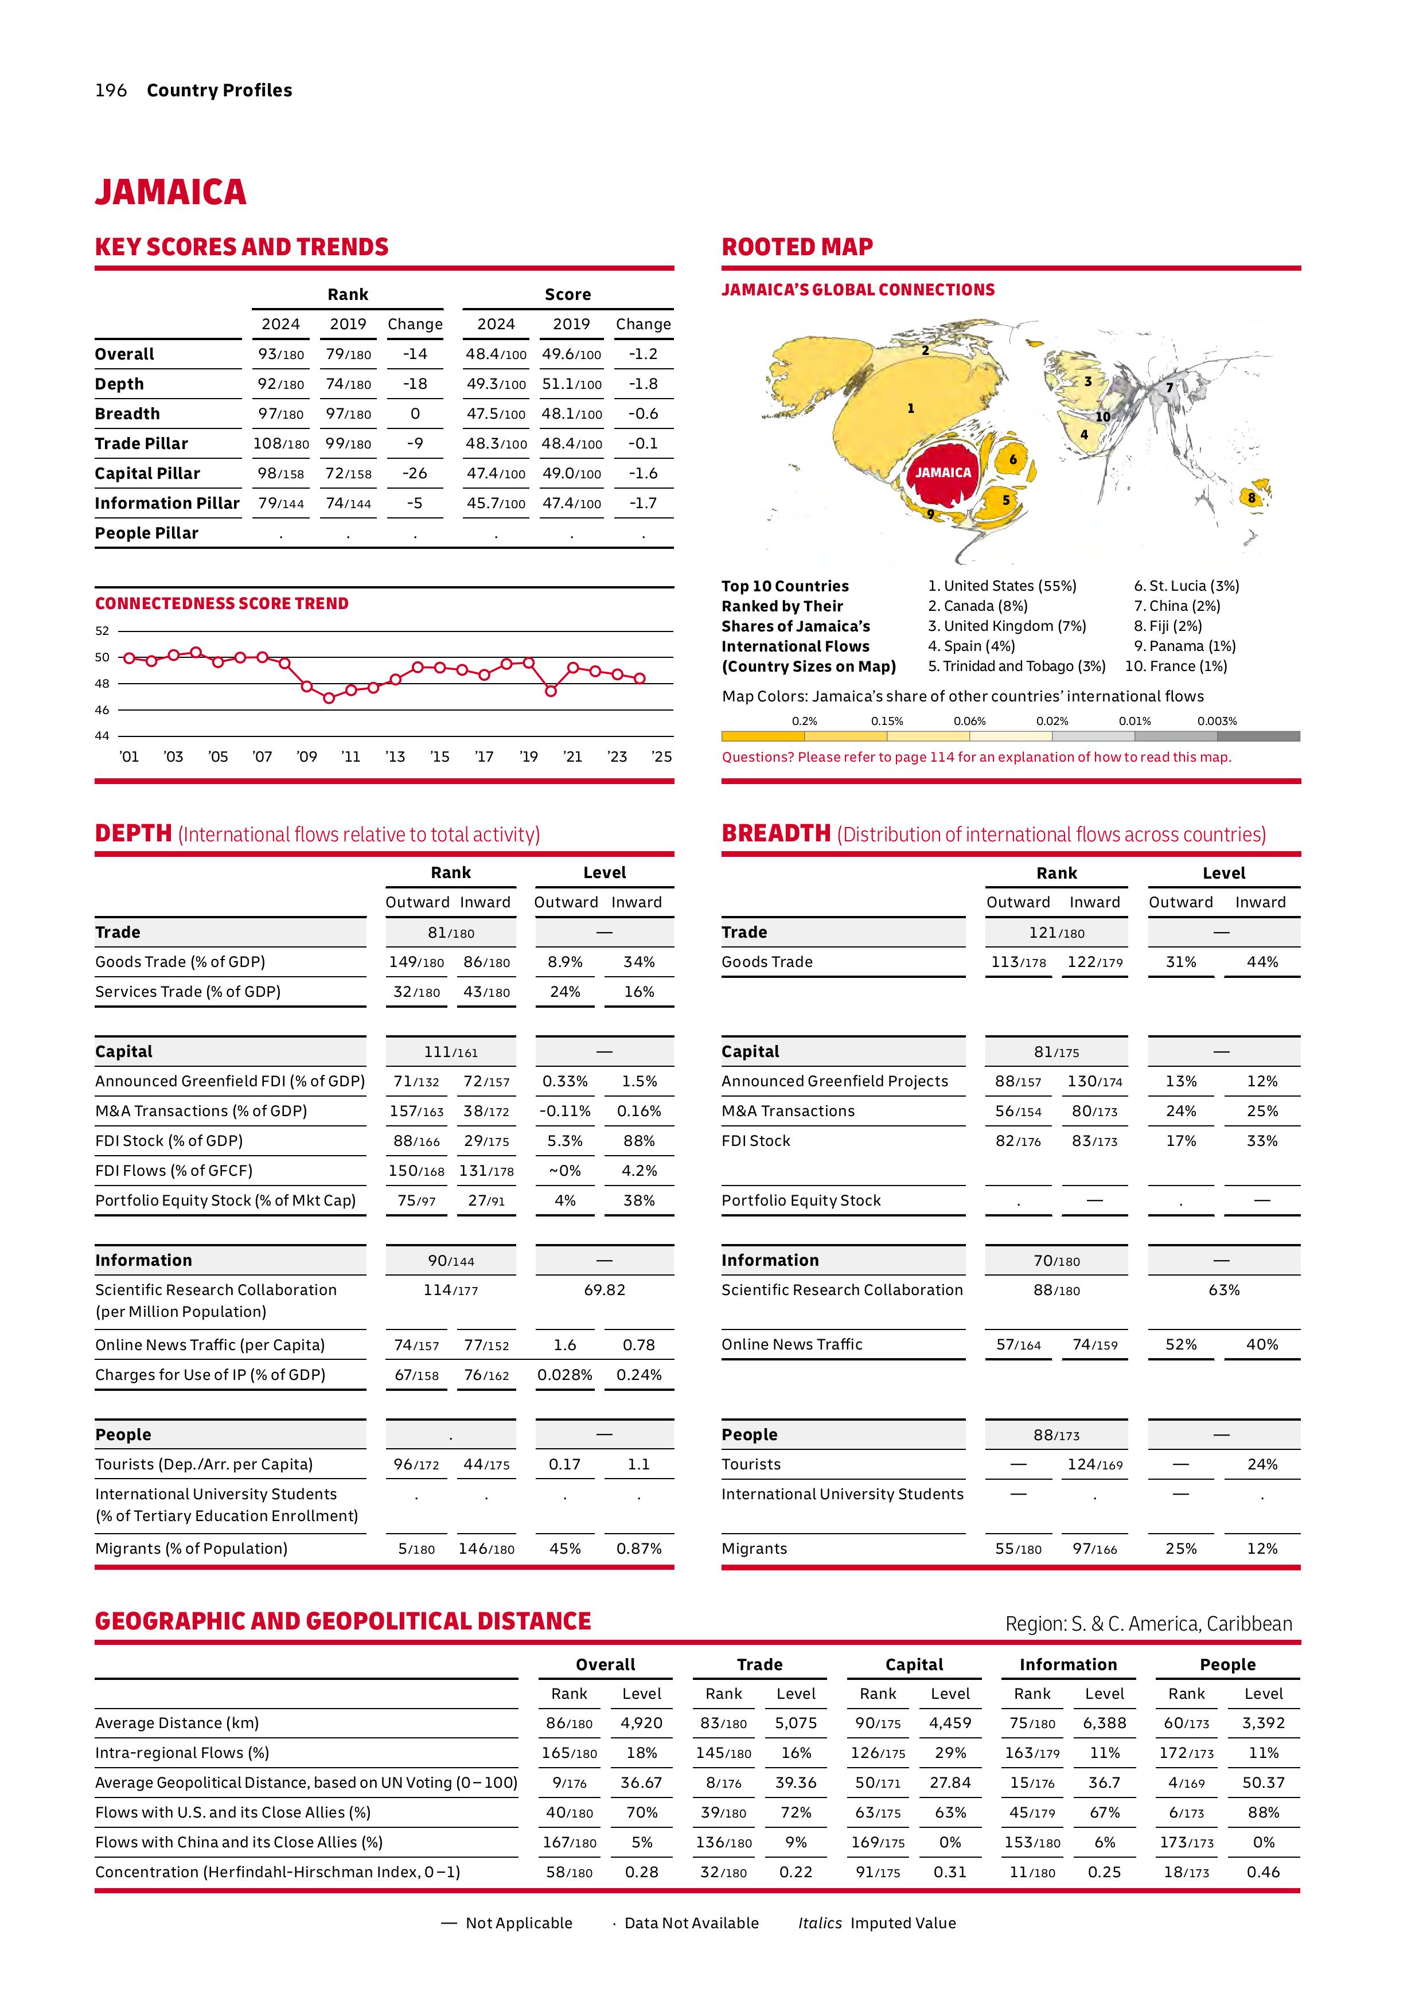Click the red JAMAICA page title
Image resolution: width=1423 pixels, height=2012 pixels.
click(x=171, y=192)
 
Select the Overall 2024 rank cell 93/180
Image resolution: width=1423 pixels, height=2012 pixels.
click(x=280, y=354)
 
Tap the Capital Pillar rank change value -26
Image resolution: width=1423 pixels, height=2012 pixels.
click(x=415, y=473)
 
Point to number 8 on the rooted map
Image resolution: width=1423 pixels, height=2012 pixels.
click(x=1252, y=498)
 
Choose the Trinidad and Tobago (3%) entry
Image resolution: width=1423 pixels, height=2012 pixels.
click(x=1016, y=666)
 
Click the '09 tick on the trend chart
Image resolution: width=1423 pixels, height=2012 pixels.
click(x=307, y=757)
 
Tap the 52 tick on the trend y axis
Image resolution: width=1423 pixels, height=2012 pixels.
click(x=103, y=631)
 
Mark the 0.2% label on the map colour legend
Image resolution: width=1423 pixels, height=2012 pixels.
click(x=804, y=721)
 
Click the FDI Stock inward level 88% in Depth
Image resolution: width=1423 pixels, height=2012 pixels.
click(x=639, y=1141)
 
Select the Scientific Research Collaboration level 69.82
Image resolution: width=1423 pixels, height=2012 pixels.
click(x=605, y=1290)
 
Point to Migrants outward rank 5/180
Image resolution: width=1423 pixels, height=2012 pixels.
click(x=416, y=1549)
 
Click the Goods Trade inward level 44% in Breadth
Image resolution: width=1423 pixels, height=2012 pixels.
click(x=1262, y=962)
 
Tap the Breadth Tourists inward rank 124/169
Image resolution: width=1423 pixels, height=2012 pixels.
click(x=1094, y=1464)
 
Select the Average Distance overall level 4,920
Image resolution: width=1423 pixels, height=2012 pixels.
click(x=641, y=1723)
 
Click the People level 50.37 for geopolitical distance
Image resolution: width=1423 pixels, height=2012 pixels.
click(x=1262, y=1783)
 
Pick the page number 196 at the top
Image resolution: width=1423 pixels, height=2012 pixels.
click(x=111, y=90)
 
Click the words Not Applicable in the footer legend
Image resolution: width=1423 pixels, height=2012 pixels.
click(x=518, y=1923)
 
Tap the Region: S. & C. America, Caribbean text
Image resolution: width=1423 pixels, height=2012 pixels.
click(x=1148, y=1624)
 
